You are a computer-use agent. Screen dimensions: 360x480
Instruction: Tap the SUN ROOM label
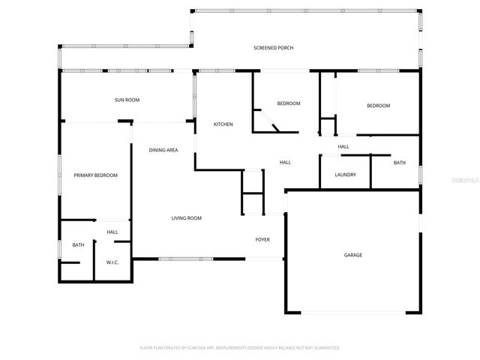pos(127,100)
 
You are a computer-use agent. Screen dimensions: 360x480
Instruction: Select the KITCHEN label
pos(223,124)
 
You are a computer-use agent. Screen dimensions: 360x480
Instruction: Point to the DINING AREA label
pos(163,150)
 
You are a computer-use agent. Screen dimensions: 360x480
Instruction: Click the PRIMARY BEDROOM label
pos(95,175)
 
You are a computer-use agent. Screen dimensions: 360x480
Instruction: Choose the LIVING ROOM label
pos(186,218)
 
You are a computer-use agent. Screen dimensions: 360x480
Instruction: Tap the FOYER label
pos(262,240)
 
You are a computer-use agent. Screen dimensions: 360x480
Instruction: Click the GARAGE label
pos(353,255)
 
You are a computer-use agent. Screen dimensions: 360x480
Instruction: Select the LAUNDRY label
pos(345,175)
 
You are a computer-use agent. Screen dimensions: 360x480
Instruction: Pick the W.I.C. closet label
pos(112,262)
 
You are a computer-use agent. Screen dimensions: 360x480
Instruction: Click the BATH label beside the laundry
pos(400,163)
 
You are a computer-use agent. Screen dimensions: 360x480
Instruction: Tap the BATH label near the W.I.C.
pos(78,245)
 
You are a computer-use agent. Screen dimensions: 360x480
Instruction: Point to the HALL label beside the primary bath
pos(112,232)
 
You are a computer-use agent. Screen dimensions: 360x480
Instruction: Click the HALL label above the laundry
pos(343,146)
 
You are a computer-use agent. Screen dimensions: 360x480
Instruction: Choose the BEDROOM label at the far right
pos(378,106)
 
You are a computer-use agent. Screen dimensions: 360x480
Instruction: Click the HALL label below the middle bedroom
pos(285,163)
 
